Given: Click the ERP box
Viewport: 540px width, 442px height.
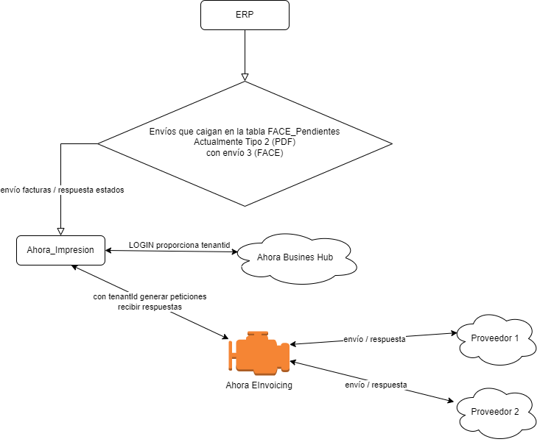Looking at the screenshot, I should point(245,15).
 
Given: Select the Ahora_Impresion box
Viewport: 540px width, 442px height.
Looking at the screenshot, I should point(60,250).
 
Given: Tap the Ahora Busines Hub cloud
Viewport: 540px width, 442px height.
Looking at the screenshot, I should point(295,257).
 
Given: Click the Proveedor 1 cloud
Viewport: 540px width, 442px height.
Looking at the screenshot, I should point(494,338).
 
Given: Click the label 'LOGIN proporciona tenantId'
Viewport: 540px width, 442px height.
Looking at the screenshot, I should point(180,245).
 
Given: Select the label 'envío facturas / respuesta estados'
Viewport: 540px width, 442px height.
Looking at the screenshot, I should point(63,190).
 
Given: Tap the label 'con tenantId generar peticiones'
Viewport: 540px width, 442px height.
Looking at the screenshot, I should point(150,296).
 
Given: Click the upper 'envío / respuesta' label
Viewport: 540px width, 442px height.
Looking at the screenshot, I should point(375,340).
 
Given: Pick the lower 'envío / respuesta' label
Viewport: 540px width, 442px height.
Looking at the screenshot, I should point(376,385).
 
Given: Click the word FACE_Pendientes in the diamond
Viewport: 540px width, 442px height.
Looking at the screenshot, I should point(307,131).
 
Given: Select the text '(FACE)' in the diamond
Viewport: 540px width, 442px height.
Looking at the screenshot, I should point(268,153).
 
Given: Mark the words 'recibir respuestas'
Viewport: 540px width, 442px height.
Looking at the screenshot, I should point(150,307).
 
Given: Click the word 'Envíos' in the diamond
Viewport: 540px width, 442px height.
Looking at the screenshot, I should point(163,131).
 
